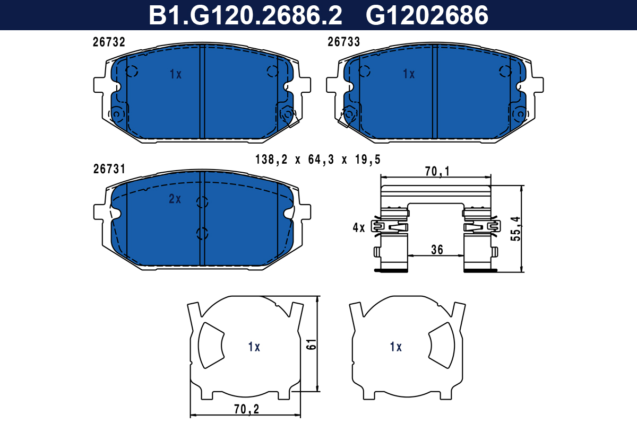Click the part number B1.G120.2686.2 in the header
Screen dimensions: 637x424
pyautogui.click(x=245, y=15)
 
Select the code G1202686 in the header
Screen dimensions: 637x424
pyautogui.click(x=427, y=15)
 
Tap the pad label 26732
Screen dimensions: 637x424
pyautogui.click(x=109, y=42)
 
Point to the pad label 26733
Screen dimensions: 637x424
pyautogui.click(x=344, y=42)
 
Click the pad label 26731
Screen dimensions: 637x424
pyautogui.click(x=109, y=169)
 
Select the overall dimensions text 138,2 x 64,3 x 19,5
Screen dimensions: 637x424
pyautogui.click(x=317, y=160)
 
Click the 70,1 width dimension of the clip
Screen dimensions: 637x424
pyautogui.click(x=437, y=172)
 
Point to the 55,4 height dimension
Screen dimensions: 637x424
pyautogui.click(x=515, y=229)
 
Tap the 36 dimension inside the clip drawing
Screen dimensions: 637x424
pyautogui.click(x=437, y=250)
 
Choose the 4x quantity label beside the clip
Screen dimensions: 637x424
pyautogui.click(x=359, y=227)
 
